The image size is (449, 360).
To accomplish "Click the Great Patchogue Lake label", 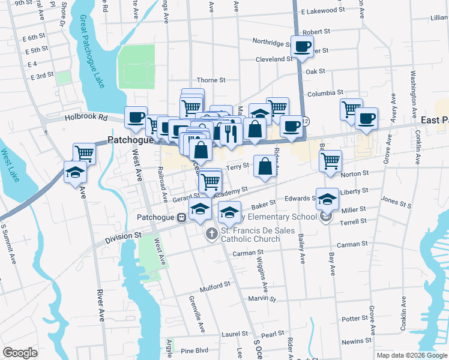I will coord(91,51).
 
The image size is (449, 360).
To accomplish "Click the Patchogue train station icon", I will coord(180,218).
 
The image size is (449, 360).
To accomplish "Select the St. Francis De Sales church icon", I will coord(211,234).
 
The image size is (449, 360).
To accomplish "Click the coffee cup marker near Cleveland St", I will coord(302,47).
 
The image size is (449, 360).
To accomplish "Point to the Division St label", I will coord(123,238).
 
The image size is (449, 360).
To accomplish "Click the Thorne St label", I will coord(211,80).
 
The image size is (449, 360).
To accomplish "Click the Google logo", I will coord(20,353).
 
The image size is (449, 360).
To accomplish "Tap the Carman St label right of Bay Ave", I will coord(352,244).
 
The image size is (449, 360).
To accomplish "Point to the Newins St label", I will coord(355,341).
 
